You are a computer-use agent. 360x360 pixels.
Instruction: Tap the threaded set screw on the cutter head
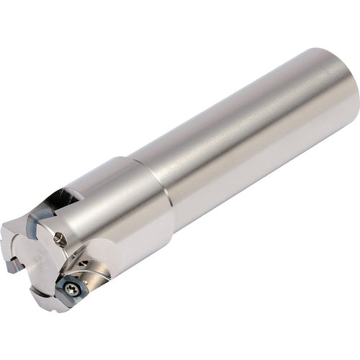point(60,238)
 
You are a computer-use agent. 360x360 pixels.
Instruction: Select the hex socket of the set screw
point(60,238)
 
